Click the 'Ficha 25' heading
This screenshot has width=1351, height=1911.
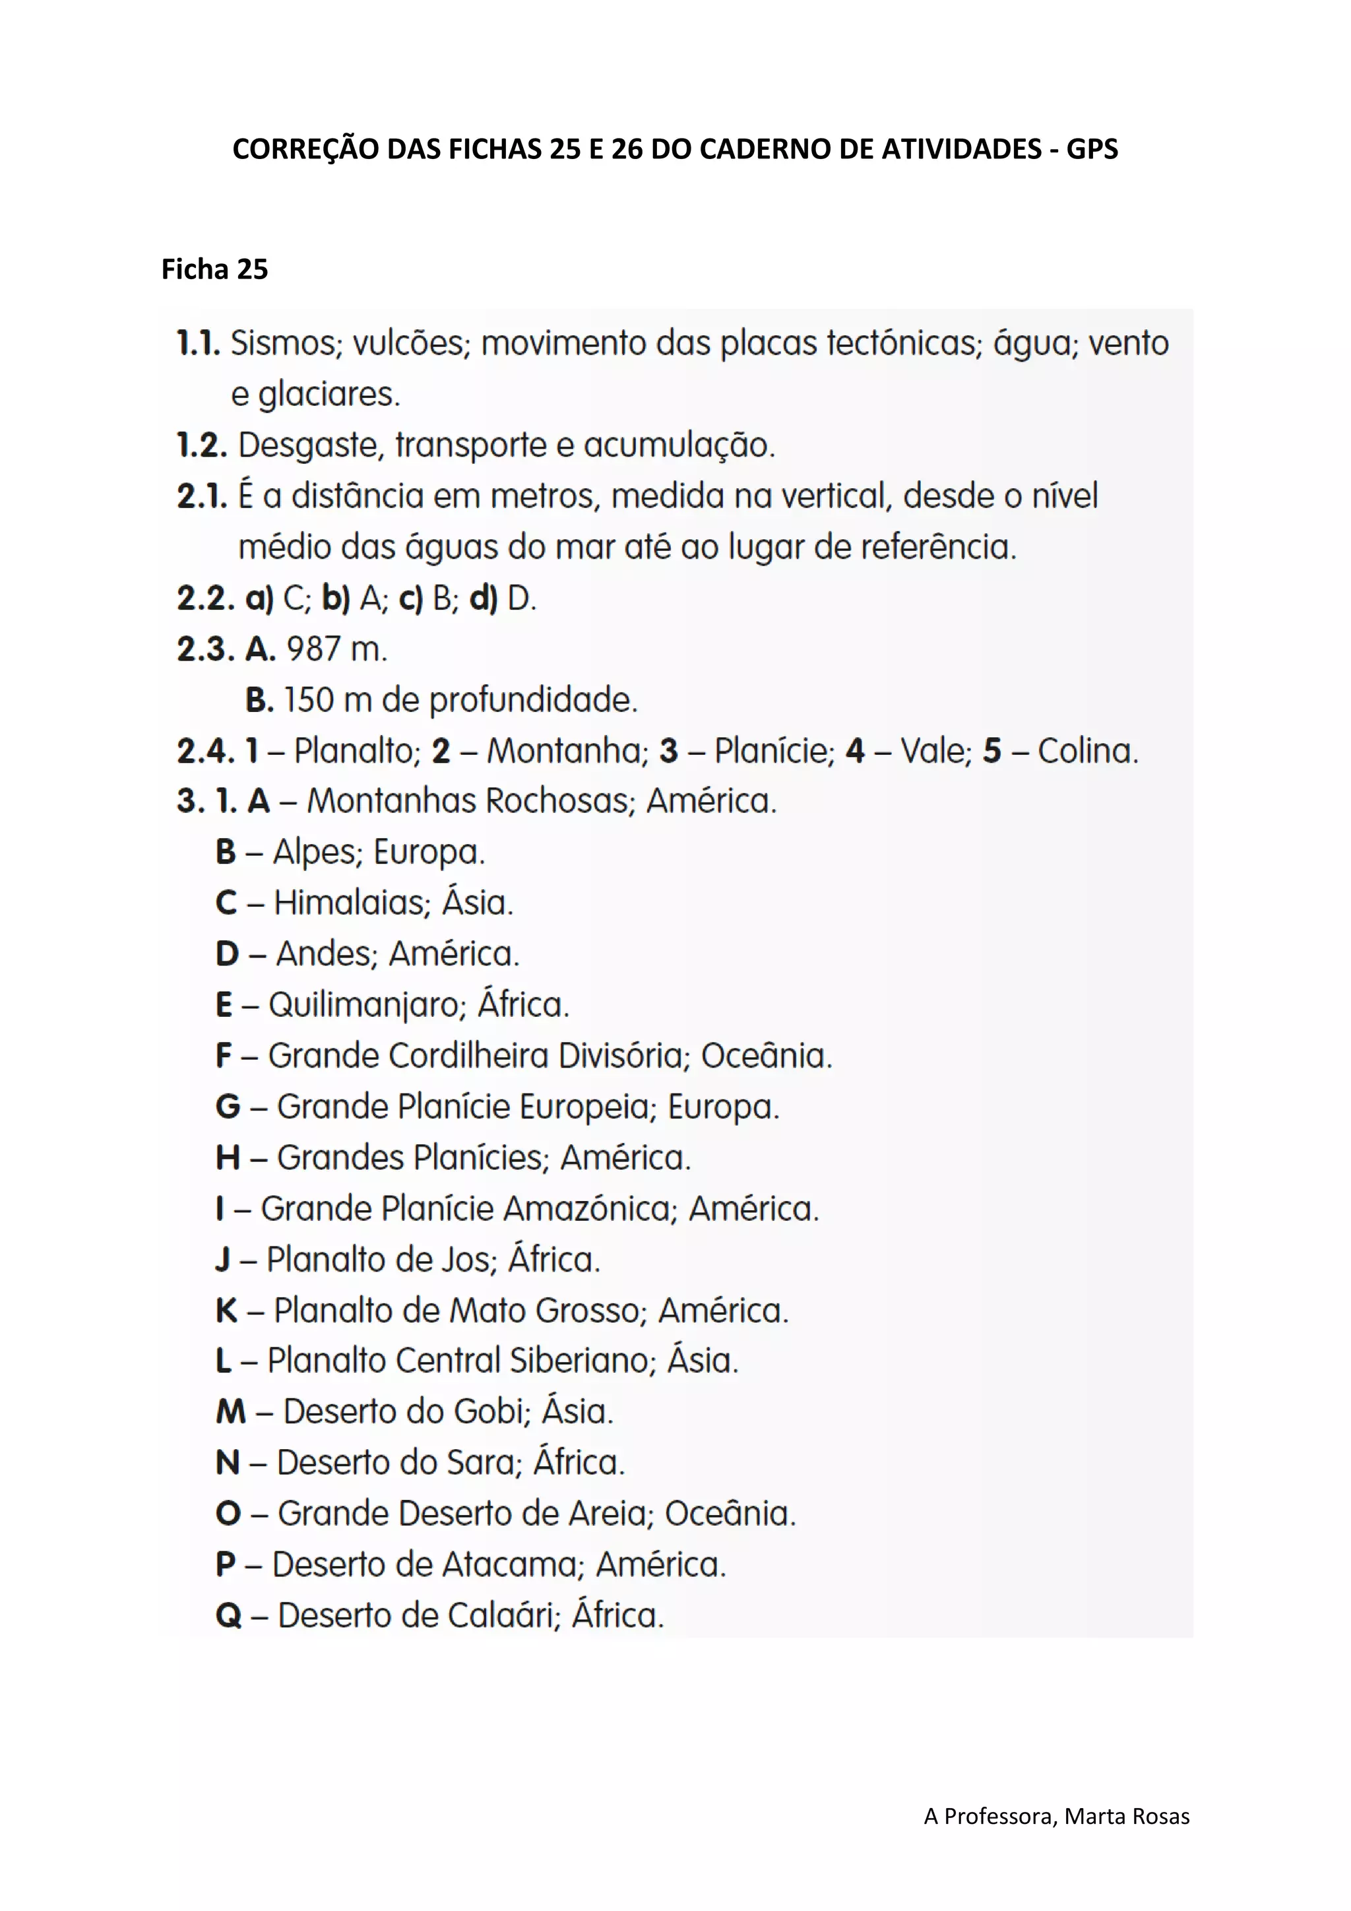coord(214,270)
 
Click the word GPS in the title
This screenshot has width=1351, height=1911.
coord(1092,149)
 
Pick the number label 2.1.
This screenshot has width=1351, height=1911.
coord(201,496)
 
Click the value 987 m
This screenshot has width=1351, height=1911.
coord(336,649)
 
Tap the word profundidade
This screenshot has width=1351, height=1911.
coord(532,700)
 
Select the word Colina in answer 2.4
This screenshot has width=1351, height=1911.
coord(1086,751)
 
